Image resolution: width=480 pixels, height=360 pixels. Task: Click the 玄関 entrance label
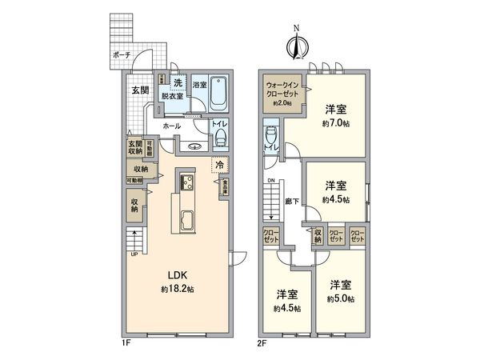pos(140,90)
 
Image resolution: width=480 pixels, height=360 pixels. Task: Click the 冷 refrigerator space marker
pos(219,164)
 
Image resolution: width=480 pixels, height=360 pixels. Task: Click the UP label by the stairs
pos(133,254)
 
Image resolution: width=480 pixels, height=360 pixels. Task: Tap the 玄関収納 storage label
pos(134,149)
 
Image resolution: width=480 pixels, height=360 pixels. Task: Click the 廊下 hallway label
pos(293,204)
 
